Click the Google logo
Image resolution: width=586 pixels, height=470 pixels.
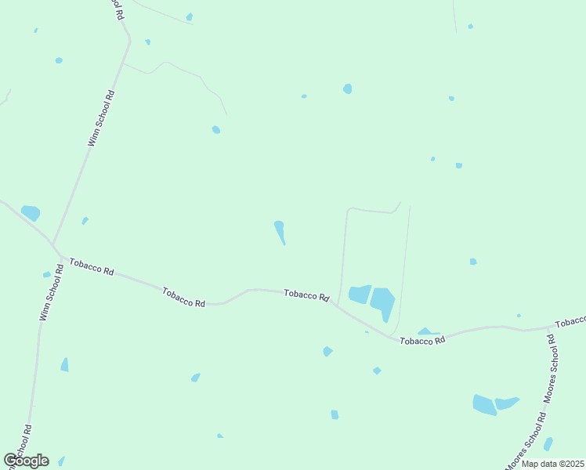26,461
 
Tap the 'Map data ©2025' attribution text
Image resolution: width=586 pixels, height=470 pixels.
553,464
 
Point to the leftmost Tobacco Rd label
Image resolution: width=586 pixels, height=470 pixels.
92,266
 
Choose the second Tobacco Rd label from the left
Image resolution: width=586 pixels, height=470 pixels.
184,298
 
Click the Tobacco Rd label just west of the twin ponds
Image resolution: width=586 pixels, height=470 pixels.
306,295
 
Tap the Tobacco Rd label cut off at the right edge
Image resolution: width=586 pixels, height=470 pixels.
570,322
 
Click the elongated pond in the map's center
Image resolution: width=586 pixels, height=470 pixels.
280,232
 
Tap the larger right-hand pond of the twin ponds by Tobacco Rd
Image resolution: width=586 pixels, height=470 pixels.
383,302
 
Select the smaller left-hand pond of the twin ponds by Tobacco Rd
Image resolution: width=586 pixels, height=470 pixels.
359,295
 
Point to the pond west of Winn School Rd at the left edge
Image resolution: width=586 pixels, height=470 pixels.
31,212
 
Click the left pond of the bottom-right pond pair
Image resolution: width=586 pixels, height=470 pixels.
484,405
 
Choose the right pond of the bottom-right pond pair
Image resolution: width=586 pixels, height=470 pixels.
507,403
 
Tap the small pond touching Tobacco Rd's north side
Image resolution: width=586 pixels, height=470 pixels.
425,332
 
